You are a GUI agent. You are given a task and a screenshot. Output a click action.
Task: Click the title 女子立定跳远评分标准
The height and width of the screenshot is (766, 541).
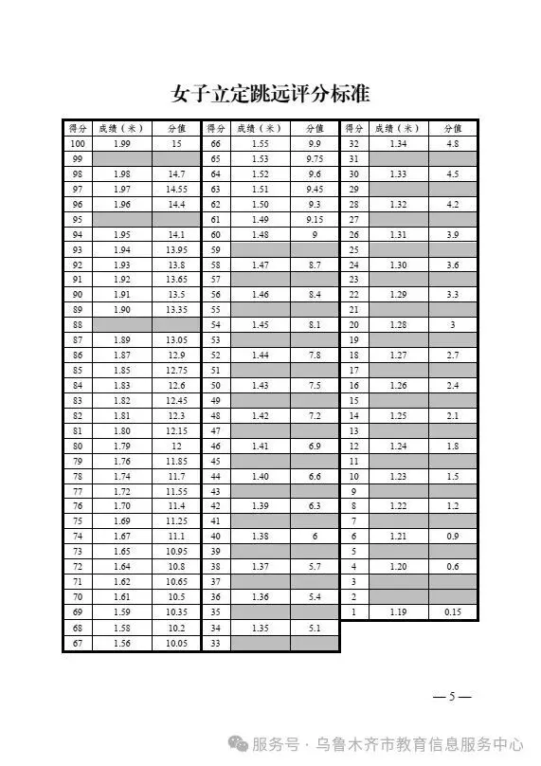click(270, 94)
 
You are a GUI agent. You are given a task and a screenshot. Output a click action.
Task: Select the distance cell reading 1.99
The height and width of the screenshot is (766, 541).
click(121, 143)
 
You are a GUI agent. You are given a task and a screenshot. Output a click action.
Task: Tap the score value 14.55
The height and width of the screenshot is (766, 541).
click(176, 190)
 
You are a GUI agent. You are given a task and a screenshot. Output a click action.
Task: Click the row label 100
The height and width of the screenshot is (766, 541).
click(78, 143)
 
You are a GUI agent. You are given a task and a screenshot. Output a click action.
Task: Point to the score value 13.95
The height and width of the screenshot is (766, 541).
click(176, 250)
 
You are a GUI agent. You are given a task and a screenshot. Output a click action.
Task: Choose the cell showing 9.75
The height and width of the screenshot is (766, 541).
click(315, 158)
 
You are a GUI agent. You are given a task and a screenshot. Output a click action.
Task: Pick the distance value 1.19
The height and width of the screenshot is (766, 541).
click(398, 612)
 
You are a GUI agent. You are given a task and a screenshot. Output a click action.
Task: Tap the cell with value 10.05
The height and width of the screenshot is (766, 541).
click(176, 644)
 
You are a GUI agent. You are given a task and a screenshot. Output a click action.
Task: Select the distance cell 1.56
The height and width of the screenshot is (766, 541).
click(121, 644)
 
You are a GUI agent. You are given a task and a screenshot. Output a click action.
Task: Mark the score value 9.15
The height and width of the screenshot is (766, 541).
click(315, 220)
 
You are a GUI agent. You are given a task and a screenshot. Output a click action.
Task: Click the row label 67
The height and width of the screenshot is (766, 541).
click(78, 644)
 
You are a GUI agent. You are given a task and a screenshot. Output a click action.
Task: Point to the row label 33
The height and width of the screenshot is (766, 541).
click(216, 644)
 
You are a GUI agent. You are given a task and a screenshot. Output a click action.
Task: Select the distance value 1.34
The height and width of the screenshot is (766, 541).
click(398, 143)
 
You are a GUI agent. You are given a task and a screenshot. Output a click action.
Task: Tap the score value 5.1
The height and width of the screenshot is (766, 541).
click(315, 628)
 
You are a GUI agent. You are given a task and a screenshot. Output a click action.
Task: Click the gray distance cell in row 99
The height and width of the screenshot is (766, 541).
click(121, 158)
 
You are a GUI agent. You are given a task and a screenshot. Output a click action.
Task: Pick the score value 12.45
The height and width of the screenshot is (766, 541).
click(176, 401)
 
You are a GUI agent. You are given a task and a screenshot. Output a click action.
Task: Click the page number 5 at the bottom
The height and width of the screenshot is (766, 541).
click(452, 698)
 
